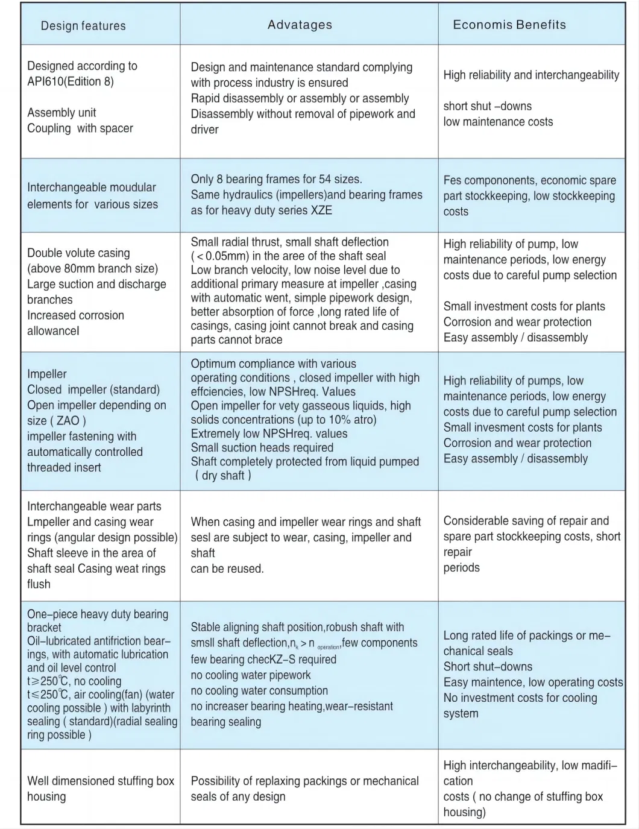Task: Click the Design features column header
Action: click(x=83, y=26)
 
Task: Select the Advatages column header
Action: click(x=300, y=25)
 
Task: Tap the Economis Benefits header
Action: click(x=509, y=25)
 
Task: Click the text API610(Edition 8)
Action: click(x=71, y=81)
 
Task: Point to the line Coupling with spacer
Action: click(x=80, y=128)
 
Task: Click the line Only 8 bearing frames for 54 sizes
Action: click(x=276, y=179)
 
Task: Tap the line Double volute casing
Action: click(x=78, y=253)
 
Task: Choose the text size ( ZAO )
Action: click(x=57, y=421)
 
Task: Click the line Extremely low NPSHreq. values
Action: click(x=269, y=433)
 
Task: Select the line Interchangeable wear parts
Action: click(x=94, y=506)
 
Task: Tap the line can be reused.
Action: click(x=227, y=569)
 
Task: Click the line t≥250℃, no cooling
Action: click(x=74, y=681)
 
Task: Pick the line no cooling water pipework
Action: click(x=251, y=675)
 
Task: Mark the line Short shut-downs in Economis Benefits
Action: click(x=488, y=666)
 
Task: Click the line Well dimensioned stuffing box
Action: click(x=101, y=781)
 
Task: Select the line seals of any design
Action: click(x=238, y=796)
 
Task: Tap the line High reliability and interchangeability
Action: click(x=531, y=75)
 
